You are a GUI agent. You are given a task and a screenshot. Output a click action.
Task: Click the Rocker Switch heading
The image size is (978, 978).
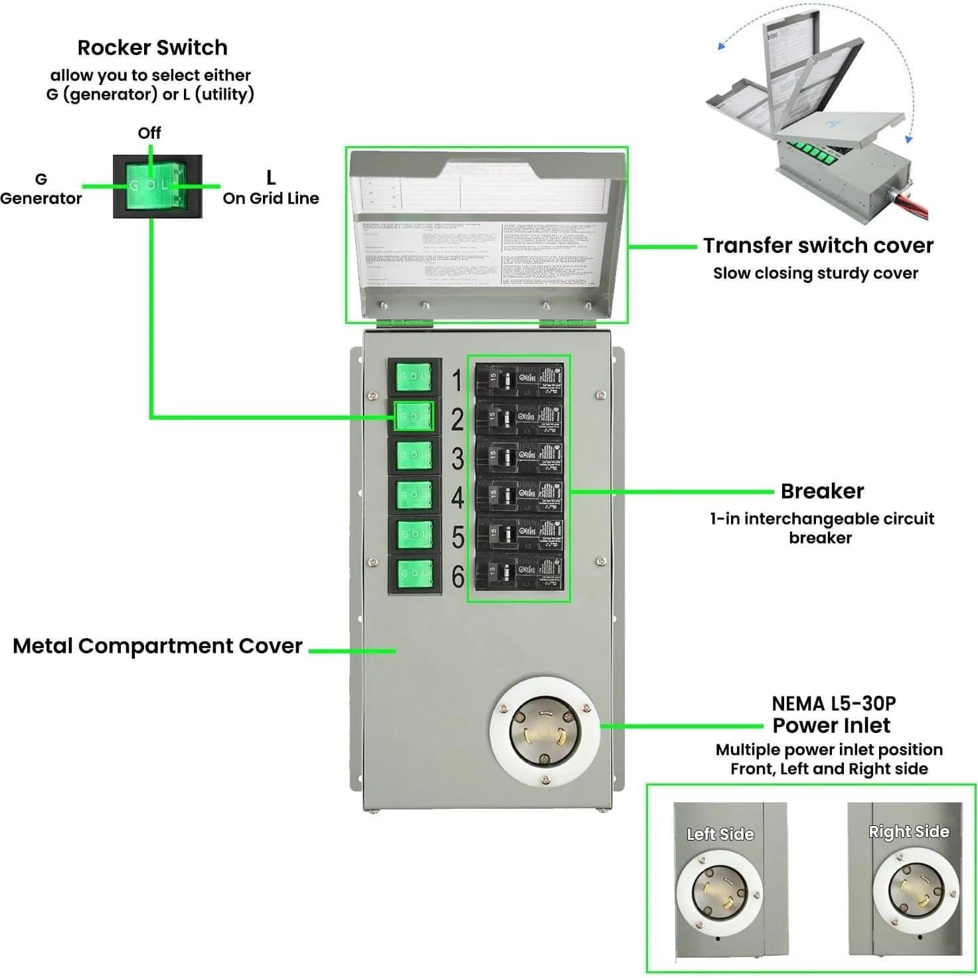click(x=152, y=48)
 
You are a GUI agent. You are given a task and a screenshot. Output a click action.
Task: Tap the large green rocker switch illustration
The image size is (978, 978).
click(x=157, y=186)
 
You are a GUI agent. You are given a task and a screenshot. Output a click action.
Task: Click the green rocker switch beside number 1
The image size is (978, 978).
click(x=414, y=376)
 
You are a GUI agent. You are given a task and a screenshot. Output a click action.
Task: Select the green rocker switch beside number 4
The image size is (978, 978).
click(x=414, y=495)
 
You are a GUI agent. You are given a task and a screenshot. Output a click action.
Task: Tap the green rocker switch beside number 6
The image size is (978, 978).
click(x=414, y=573)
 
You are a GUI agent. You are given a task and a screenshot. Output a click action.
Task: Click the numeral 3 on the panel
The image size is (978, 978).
click(x=457, y=459)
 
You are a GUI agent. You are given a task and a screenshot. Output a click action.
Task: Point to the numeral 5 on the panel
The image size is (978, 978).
click(x=457, y=537)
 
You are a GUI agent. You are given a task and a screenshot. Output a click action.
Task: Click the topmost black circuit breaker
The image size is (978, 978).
click(x=519, y=380)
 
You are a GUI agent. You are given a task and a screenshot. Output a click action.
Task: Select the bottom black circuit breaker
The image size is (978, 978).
click(x=519, y=573)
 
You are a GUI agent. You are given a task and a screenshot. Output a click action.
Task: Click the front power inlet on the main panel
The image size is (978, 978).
click(x=544, y=731)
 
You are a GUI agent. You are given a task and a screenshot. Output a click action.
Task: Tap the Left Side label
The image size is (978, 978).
click(x=720, y=834)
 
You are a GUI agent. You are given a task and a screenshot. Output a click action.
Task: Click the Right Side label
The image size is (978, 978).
click(x=908, y=831)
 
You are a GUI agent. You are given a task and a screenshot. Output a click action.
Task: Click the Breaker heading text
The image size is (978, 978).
click(x=822, y=491)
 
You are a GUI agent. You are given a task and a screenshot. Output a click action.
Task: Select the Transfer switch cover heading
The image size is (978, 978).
click(x=818, y=245)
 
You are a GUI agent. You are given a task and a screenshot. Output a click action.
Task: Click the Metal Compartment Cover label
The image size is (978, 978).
click(x=157, y=646)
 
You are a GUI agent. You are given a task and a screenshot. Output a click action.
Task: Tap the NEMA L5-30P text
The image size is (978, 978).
click(x=833, y=703)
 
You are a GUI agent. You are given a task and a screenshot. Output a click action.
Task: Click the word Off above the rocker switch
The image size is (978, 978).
click(x=149, y=133)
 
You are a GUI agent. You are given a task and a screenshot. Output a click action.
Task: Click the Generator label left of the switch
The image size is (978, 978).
click(x=41, y=198)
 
